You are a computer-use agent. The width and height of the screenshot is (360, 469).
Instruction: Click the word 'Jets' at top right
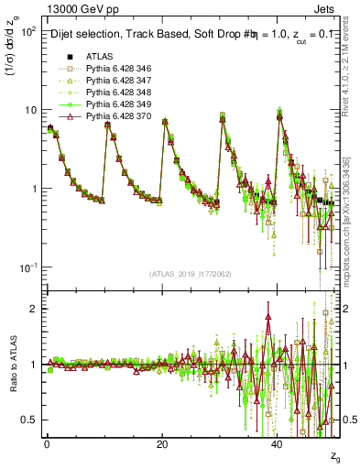(x=328, y=7)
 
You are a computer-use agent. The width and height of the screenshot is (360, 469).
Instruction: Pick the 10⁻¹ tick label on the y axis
(x=27, y=267)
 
